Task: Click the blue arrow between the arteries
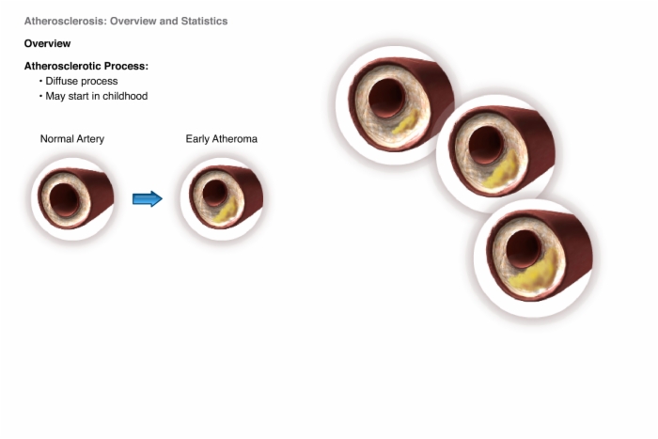[x=148, y=199]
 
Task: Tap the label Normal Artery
[x=72, y=139]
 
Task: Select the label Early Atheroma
[x=222, y=139]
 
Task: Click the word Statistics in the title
[x=204, y=21]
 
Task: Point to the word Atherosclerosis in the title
[x=66, y=21]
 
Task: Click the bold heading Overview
[x=47, y=43]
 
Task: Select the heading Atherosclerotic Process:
[x=86, y=67]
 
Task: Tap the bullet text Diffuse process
[x=82, y=81]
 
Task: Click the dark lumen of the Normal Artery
[x=64, y=199]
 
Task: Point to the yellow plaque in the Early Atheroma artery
[x=227, y=211]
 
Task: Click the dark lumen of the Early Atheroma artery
[x=215, y=193]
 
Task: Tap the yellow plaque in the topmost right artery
[x=404, y=121]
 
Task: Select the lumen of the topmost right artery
[x=386, y=99]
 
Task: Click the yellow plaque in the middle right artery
[x=500, y=171]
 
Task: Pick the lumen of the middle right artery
[x=486, y=145]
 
